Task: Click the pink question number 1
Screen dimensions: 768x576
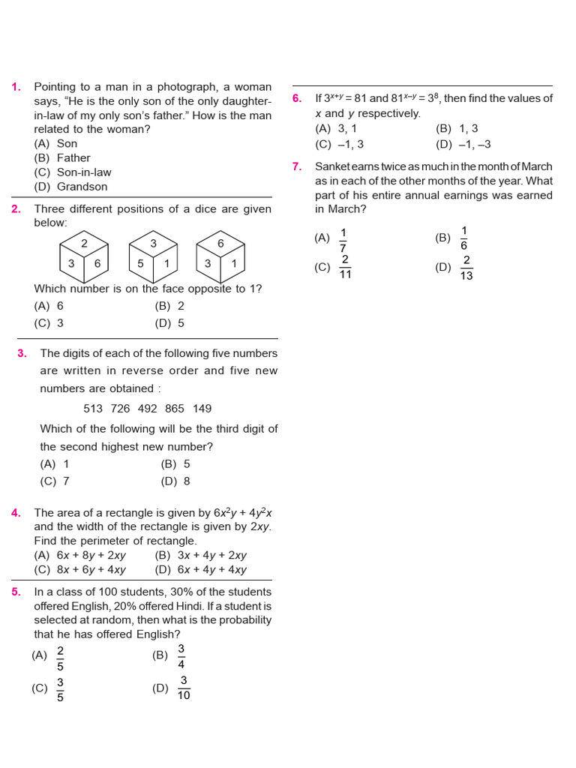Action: coord(16,87)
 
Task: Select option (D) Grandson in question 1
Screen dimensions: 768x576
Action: coord(70,187)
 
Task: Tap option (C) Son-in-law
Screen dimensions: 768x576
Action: coord(72,172)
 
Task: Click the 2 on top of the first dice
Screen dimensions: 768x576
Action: coord(84,244)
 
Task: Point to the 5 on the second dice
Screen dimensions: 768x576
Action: coord(140,263)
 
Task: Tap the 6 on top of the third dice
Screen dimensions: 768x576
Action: coord(220,244)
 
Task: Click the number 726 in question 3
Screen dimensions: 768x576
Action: coord(120,409)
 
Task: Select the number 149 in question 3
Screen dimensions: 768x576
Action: coord(202,409)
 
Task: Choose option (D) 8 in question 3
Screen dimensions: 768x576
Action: coord(175,481)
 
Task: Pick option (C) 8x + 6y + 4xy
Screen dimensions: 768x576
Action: coord(79,570)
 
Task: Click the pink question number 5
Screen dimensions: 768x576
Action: coord(16,592)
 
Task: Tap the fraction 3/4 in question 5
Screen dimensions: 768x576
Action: coord(181,656)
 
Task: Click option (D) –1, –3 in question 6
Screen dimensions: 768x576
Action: coord(463,144)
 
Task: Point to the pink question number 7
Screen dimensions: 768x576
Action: coord(297,166)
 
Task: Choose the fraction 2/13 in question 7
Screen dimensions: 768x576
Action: coord(466,268)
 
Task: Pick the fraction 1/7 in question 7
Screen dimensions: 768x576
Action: coord(343,239)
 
